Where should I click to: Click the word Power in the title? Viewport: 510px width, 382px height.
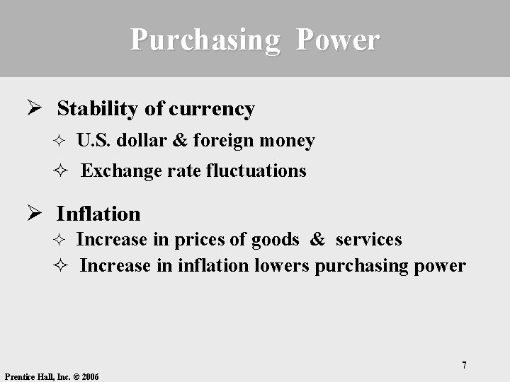pyautogui.click(x=338, y=40)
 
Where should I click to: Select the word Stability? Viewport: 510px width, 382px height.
pyautogui.click(x=98, y=109)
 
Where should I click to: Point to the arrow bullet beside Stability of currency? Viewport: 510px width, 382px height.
pyautogui.click(x=32, y=108)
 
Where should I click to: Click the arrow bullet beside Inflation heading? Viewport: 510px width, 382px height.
pyautogui.click(x=32, y=212)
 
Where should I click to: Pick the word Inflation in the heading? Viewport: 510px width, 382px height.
pyautogui.click(x=98, y=214)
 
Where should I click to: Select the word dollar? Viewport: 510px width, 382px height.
pyautogui.click(x=142, y=141)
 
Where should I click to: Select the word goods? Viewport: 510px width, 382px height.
pyautogui.click(x=275, y=240)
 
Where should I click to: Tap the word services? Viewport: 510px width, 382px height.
pyautogui.click(x=368, y=240)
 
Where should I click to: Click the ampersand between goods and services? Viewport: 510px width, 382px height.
pyautogui.click(x=317, y=240)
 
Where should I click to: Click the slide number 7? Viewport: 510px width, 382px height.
pyautogui.click(x=464, y=365)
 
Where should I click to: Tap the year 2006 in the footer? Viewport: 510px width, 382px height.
pyautogui.click(x=90, y=377)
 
